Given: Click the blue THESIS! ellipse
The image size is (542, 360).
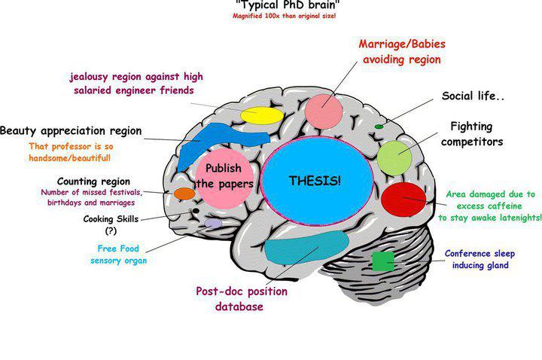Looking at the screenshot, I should pos(319,181).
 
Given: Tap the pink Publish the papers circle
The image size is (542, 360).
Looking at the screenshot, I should pos(223,178).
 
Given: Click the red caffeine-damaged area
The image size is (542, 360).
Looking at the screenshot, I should pos(403,200).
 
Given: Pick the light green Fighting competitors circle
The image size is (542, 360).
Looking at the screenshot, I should pos(395,155).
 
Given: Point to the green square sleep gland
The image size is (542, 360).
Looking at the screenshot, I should pos(382,261).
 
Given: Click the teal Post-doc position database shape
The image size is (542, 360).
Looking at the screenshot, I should pos(306,247).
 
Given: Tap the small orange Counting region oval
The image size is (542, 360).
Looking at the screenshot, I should pos(184,194).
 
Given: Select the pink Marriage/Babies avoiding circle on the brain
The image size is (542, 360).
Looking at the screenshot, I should pos(324,110).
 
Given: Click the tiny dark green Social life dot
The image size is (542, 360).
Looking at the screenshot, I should pos(379,126).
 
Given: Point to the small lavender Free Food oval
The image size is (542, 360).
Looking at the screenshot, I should pos(213,223).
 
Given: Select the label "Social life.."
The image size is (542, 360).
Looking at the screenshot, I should pos(472,96).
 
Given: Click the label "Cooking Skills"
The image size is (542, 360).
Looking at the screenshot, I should pos(111,219).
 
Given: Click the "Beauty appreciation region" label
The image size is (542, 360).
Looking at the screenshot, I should pos(71,131).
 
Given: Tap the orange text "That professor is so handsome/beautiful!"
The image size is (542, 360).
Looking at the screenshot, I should pos(70,152).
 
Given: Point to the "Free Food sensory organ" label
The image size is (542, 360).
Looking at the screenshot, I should pos(121,255).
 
